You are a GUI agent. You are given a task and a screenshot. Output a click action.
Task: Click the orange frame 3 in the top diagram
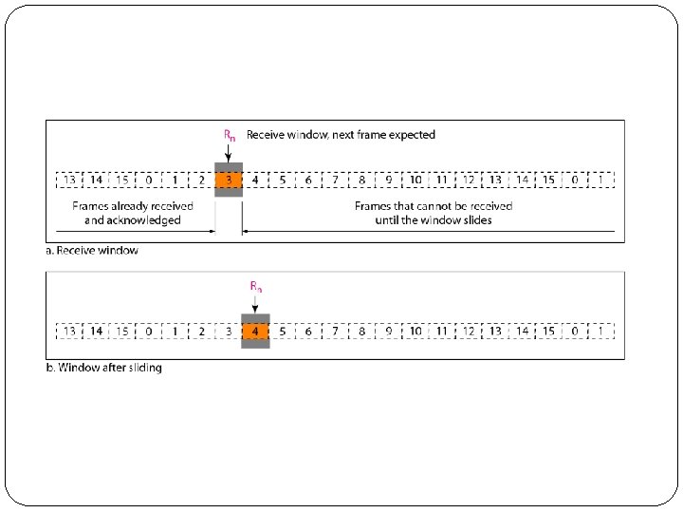point(229,180)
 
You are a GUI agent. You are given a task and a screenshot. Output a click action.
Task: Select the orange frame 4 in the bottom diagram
point(255,331)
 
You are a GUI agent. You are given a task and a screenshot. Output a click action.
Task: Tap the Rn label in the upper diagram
point(230,135)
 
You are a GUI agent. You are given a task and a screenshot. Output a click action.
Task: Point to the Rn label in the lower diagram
point(256,286)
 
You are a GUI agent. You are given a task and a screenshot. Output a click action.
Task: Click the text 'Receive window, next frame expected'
point(341,135)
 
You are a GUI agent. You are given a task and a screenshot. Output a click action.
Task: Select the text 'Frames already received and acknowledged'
point(133,213)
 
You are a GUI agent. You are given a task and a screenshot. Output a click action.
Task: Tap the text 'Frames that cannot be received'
point(434,206)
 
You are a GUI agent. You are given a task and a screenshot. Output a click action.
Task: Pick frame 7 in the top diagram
point(335,180)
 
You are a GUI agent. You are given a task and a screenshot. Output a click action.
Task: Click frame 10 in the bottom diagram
point(415,331)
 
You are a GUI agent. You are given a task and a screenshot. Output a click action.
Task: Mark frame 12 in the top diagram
point(469,180)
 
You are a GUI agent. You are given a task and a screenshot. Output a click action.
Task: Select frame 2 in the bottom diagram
point(202,331)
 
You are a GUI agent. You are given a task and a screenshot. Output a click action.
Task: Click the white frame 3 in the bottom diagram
point(229,331)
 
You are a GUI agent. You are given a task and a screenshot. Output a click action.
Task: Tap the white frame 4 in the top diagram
point(255,180)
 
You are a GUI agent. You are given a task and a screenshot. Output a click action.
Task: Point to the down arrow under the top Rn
point(230,151)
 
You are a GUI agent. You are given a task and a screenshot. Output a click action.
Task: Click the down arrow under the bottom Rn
point(256,302)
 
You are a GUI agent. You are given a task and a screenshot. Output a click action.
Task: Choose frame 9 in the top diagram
point(388,180)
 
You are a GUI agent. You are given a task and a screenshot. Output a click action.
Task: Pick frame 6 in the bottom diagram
point(308,331)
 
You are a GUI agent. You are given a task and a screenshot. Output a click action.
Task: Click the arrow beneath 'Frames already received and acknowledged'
point(133,232)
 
